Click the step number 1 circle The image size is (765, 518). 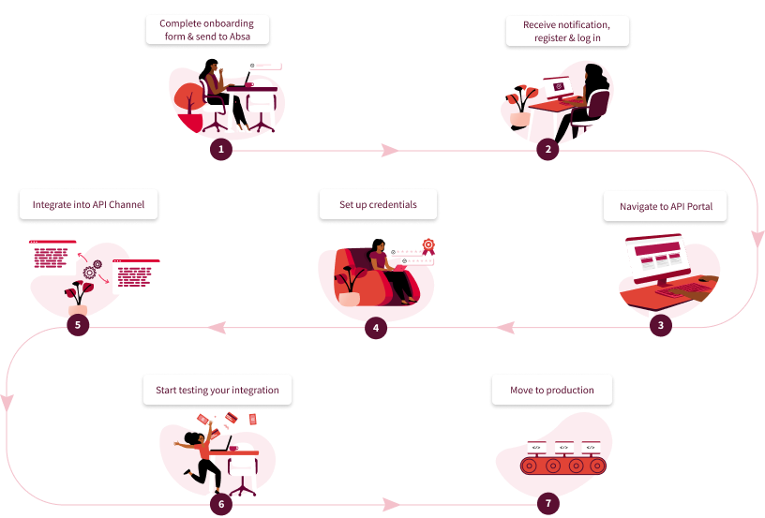tap(220, 149)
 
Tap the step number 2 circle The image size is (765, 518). tap(547, 149)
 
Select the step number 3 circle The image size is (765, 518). tap(662, 327)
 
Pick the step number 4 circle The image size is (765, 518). tap(375, 328)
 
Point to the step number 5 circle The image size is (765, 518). tap(79, 327)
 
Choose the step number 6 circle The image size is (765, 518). tap(221, 504)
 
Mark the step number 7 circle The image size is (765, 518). tap(548, 504)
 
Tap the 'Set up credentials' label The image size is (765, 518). tap(379, 204)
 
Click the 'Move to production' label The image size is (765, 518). tap(552, 390)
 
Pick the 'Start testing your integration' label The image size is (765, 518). tap(217, 390)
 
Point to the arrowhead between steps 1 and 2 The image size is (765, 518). tap(388, 150)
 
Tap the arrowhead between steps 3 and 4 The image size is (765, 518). tap(503, 328)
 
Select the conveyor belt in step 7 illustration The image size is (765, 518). tap(563, 465)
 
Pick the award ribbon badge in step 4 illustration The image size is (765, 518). tap(428, 245)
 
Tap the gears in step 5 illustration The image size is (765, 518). tap(93, 271)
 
